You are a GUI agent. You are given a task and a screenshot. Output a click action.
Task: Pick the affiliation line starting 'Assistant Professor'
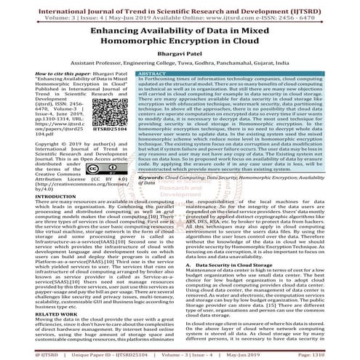click(x=179, y=65)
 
